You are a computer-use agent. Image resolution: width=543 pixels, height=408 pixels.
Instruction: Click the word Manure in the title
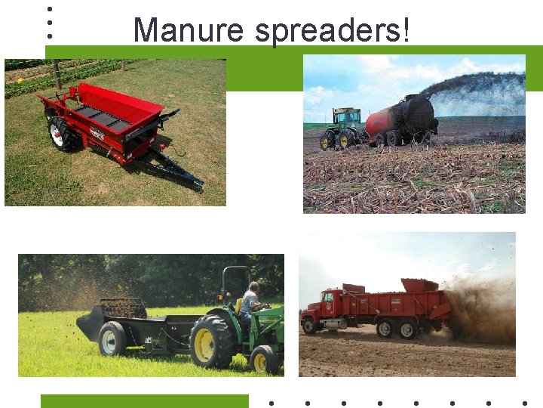click(x=188, y=30)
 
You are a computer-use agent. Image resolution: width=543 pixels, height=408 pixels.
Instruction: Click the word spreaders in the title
click(x=333, y=30)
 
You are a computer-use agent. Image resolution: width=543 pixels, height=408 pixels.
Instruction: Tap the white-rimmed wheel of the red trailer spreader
click(x=57, y=134)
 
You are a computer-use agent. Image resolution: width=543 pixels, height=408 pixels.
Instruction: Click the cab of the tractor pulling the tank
click(x=347, y=119)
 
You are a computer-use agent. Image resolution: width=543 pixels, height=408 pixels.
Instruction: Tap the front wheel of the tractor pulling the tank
click(x=327, y=141)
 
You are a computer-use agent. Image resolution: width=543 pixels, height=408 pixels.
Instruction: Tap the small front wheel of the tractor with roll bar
click(x=264, y=360)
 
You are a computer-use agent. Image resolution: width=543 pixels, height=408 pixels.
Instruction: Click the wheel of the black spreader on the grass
click(x=112, y=338)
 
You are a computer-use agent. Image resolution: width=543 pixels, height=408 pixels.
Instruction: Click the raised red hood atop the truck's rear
click(x=419, y=285)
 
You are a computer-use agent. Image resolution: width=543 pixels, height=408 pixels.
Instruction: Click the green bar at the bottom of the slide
click(x=144, y=400)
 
